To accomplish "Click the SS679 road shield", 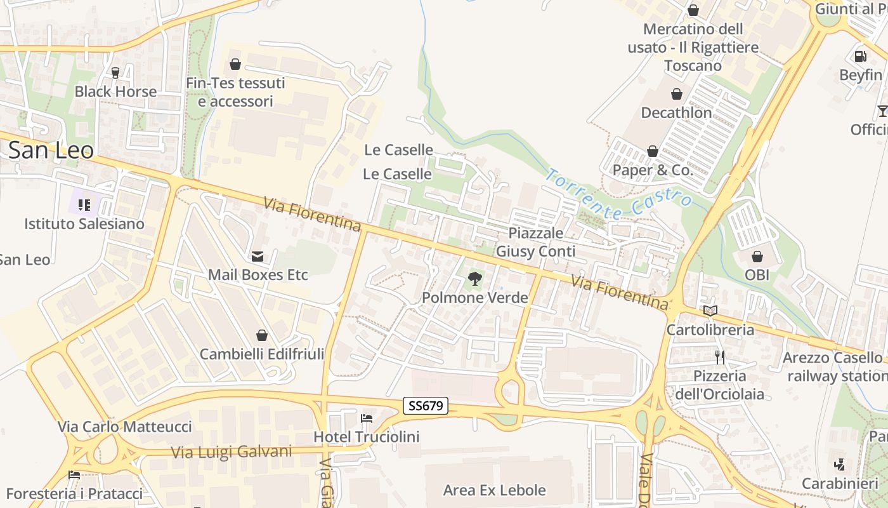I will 426,406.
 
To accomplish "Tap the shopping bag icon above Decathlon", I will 677,95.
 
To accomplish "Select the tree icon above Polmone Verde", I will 474,278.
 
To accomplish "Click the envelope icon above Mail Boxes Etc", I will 258,257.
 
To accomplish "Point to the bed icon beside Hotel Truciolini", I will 367,418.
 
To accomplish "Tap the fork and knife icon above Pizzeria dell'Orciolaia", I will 719,357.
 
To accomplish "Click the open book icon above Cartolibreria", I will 710,311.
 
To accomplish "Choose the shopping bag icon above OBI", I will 757,257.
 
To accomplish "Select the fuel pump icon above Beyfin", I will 861,57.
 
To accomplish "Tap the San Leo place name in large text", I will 51,150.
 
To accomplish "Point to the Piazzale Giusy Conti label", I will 535,242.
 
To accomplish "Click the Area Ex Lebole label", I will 494,490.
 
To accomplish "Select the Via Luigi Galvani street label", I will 232,452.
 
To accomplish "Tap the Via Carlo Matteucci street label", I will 125,427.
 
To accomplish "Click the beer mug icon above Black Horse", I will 115,73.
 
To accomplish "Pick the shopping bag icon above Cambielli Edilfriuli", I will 261,335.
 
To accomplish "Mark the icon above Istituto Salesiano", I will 84,205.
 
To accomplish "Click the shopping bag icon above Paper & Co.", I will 652,152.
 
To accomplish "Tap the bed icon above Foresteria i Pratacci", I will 74,475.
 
